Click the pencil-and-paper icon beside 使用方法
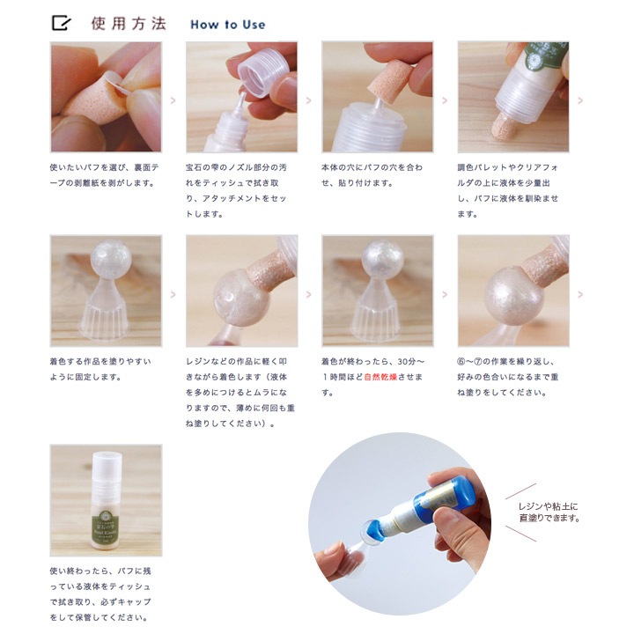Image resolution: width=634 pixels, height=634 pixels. (x=61, y=23)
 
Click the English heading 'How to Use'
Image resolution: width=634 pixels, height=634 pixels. (x=228, y=25)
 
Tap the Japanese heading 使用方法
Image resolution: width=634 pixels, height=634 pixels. (x=129, y=24)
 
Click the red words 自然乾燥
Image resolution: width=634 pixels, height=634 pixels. (x=380, y=377)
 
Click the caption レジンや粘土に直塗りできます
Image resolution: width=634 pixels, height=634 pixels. (x=549, y=512)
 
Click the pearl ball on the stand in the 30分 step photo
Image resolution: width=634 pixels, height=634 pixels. (x=378, y=257)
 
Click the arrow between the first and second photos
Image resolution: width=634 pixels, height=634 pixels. (x=173, y=100)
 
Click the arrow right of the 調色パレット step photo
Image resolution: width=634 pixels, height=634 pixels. (x=580, y=100)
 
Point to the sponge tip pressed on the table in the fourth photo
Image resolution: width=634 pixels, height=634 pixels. (x=503, y=128)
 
